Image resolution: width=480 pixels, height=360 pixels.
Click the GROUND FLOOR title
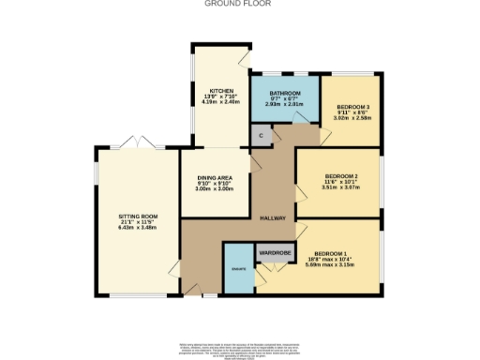pyautogui.click(x=239, y=4)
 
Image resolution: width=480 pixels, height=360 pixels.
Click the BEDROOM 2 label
pyautogui.click(x=341, y=175)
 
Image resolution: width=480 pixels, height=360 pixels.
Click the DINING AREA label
pyautogui.click(x=215, y=177)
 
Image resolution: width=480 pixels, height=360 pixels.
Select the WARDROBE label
pyautogui.click(x=275, y=251)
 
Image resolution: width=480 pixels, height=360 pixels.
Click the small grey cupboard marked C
pyautogui.click(x=262, y=137)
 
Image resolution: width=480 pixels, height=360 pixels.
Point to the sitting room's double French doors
pyautogui.click(x=139, y=143)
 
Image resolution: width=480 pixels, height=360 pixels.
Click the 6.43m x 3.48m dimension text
pyautogui.click(x=138, y=227)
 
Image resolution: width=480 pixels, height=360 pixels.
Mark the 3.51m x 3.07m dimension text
pyautogui.click(x=341, y=187)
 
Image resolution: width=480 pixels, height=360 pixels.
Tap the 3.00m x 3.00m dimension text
pyautogui.click(x=215, y=189)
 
